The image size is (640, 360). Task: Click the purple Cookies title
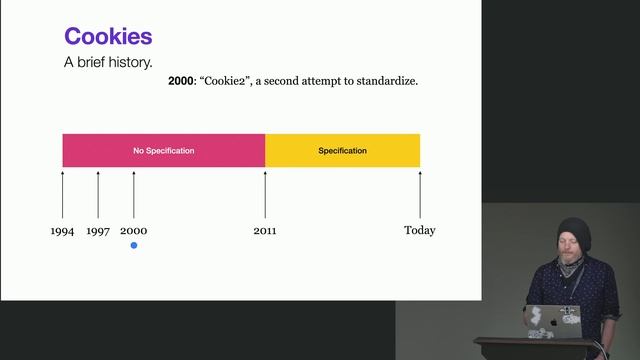click(108, 36)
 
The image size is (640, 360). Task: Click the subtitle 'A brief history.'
click(108, 62)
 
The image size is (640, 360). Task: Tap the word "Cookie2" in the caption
click(229, 81)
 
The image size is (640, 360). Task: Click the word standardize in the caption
click(383, 81)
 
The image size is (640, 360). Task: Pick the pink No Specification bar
click(163, 150)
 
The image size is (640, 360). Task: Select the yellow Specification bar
click(342, 150)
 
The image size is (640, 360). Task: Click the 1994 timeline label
click(62, 231)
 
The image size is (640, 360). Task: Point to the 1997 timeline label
click(98, 231)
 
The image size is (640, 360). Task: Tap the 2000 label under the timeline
click(133, 231)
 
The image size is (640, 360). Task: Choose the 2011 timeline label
click(265, 231)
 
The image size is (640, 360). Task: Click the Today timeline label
click(419, 231)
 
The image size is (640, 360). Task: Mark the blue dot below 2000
click(133, 245)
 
